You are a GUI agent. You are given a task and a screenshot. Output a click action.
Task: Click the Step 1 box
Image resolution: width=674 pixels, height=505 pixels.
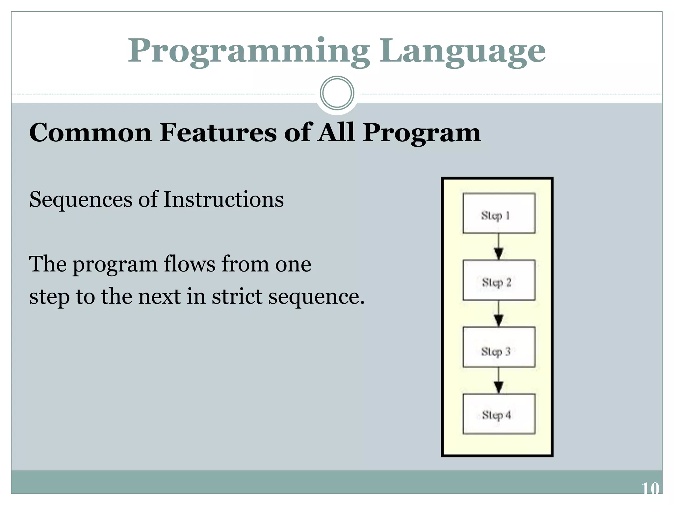[x=499, y=213]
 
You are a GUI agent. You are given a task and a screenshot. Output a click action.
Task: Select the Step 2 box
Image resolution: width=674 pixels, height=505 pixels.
[x=499, y=280]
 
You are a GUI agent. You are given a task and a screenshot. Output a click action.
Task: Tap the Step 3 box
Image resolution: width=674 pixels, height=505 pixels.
[x=499, y=347]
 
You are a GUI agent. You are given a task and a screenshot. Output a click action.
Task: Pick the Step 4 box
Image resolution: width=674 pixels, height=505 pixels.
[x=499, y=414]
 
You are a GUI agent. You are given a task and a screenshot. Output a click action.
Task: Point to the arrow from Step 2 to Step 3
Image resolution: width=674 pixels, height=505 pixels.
[x=499, y=314]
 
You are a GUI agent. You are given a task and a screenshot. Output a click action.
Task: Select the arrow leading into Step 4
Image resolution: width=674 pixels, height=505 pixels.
[x=499, y=381]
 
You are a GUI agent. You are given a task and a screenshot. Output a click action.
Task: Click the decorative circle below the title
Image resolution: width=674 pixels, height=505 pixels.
[x=337, y=93]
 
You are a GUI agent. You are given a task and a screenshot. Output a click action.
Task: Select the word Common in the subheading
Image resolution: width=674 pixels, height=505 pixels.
[x=91, y=132]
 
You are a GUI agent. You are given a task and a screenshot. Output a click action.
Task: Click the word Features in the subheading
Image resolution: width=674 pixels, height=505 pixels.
[x=218, y=132]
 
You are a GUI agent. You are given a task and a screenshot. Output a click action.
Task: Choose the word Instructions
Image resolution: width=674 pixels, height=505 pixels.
[x=223, y=199]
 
